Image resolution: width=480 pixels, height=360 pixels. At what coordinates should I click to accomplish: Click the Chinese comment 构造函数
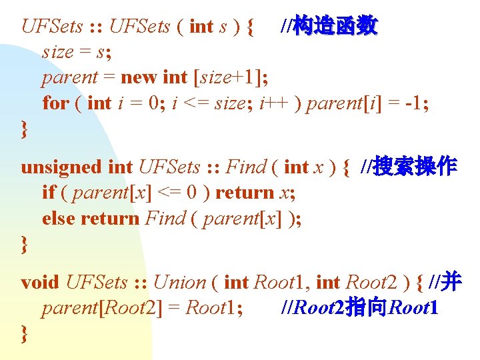(337, 26)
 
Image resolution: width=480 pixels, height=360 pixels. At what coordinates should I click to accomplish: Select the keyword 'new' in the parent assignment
(139, 77)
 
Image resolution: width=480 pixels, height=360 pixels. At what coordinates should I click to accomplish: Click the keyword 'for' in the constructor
(55, 103)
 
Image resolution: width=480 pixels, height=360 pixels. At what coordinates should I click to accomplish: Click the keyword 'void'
(40, 282)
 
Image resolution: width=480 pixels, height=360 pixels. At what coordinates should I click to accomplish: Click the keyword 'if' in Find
(47, 193)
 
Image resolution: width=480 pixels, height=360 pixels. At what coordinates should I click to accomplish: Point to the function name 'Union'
(179, 282)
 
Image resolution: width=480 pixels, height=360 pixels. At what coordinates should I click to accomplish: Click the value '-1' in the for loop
(414, 103)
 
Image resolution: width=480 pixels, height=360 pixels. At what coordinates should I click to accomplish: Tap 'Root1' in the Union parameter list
(280, 282)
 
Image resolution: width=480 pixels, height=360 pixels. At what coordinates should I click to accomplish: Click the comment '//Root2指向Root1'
(360, 308)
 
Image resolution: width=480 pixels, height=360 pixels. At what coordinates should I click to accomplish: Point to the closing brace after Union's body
(25, 333)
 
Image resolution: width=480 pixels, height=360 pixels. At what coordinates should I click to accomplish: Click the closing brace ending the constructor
(25, 129)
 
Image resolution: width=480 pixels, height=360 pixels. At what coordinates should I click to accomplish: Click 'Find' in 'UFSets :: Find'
(247, 167)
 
